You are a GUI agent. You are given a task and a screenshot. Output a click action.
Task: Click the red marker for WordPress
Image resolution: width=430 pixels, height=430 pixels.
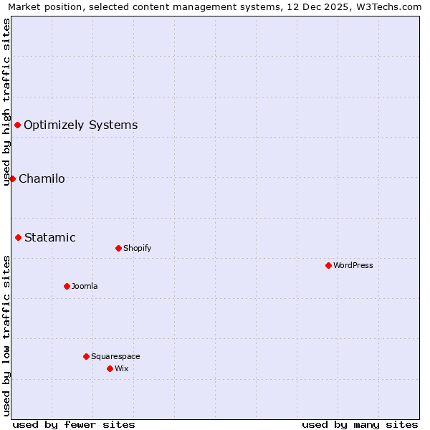point(328,265)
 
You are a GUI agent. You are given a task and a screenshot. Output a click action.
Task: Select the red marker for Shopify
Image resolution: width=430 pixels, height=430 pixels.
point(118,248)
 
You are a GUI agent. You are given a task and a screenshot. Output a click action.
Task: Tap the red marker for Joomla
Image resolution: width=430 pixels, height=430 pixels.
point(67,286)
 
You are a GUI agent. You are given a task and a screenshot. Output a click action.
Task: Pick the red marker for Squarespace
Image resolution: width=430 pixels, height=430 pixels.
point(86,356)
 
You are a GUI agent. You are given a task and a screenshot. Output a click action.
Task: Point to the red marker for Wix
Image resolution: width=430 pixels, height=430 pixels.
point(110,368)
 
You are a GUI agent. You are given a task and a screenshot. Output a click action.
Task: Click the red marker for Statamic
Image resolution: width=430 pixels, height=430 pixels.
point(18,237)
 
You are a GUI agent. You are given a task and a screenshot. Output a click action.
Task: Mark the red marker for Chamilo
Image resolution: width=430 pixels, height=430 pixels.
point(12,178)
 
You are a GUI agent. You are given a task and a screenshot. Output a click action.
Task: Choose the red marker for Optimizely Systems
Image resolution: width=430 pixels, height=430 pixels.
point(17,125)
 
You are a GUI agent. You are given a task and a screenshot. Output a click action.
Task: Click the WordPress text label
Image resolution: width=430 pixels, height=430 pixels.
point(353,265)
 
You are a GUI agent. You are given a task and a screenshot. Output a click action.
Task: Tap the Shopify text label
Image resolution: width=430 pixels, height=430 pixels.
point(137,248)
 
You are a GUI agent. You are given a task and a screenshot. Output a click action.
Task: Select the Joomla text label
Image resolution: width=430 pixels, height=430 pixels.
point(85,286)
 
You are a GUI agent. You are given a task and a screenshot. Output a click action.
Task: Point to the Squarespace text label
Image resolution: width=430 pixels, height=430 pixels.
point(115,356)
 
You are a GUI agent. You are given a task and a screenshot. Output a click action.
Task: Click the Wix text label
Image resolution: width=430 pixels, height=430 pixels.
point(122,368)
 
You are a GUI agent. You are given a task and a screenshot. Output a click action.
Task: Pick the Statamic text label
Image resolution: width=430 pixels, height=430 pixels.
point(50,237)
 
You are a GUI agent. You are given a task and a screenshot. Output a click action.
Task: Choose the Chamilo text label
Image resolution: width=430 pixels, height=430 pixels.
point(42,178)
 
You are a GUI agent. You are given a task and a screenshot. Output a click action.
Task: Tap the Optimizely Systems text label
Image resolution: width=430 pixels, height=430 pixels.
point(80,125)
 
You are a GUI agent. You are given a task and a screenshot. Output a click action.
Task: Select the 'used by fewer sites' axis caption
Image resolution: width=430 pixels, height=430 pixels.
point(74,424)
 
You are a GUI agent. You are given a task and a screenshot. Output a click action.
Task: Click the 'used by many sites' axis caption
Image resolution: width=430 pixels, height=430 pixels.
point(360,424)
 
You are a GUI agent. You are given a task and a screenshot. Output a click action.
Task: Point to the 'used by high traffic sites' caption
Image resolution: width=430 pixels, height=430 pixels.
point(6,102)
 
